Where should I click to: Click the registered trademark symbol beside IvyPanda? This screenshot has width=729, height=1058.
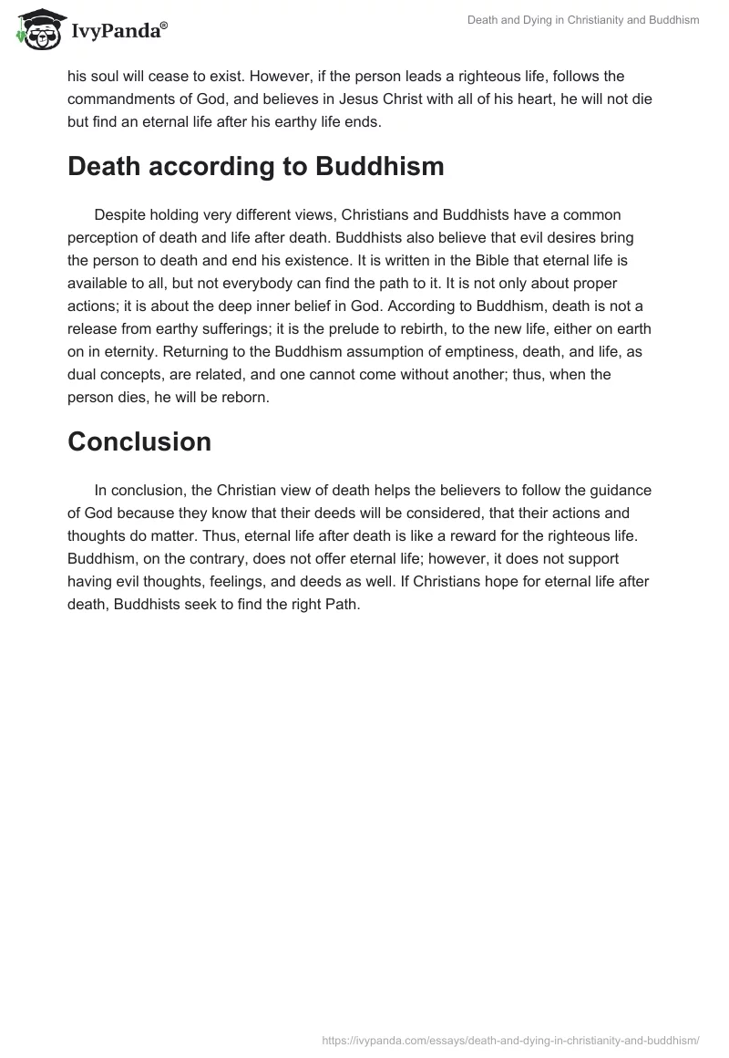click(x=164, y=25)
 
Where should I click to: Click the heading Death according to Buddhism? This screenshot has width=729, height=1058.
click(x=256, y=167)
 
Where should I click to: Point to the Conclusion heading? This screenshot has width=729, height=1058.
click(x=139, y=441)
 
